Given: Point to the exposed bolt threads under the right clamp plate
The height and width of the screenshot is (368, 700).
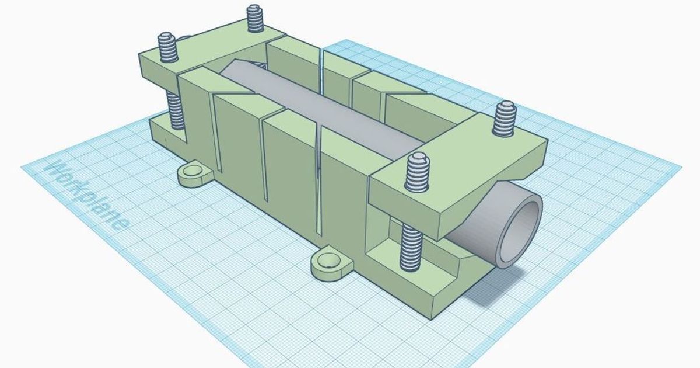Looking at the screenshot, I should tap(411, 248).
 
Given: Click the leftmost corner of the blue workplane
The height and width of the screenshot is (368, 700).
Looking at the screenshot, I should tap(22, 167).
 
